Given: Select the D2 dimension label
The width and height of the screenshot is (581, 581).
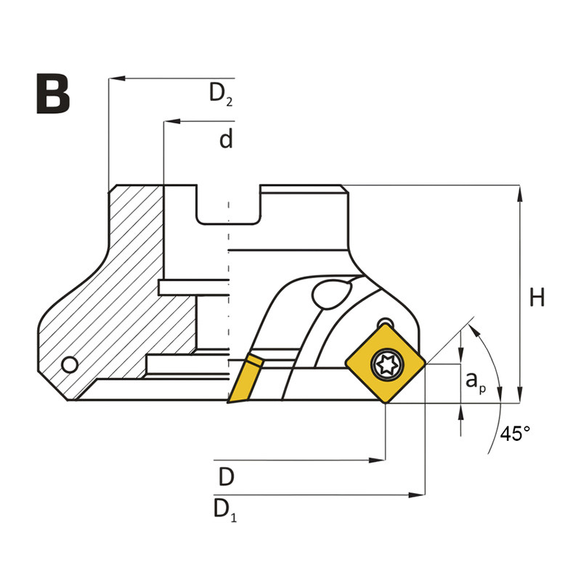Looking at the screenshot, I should [x=221, y=94].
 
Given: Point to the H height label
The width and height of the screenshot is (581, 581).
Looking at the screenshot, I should [x=537, y=298].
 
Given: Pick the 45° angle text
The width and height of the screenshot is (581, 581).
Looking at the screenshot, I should [x=515, y=434].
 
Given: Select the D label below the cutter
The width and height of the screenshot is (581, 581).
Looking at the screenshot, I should [x=226, y=477].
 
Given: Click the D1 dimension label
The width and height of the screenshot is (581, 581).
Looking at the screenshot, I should [x=224, y=509].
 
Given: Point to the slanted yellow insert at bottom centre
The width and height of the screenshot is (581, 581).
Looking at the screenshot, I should [x=243, y=378].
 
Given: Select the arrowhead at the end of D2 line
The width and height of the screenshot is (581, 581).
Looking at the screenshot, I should [x=115, y=78].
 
